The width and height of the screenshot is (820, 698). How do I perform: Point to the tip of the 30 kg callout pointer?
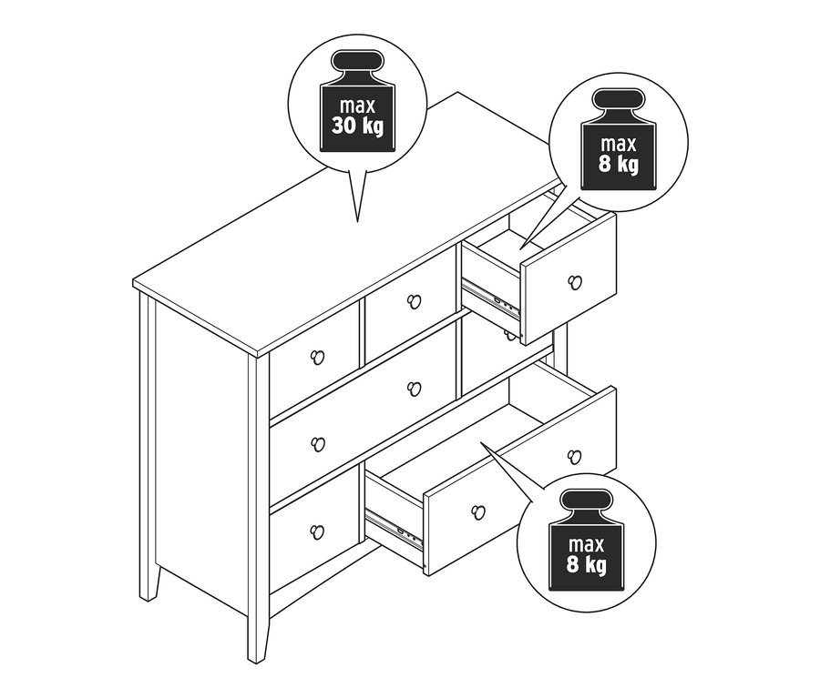(x=357, y=221)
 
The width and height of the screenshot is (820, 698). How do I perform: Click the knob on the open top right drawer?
(x=573, y=281)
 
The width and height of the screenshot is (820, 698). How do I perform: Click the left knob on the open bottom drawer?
(x=477, y=511)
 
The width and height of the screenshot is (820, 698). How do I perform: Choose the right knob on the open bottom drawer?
(x=573, y=456)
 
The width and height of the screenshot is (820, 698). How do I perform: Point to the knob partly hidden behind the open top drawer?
(x=510, y=334)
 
